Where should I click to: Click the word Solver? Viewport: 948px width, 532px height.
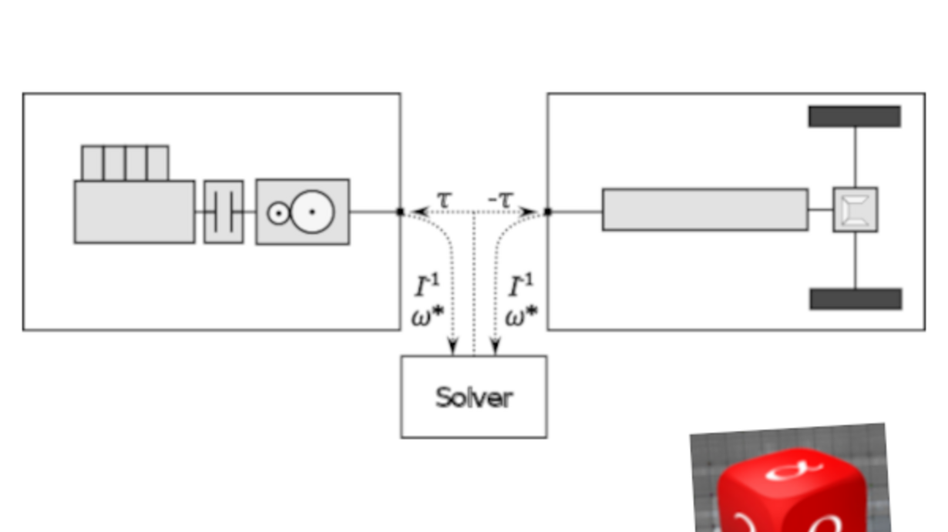(x=474, y=397)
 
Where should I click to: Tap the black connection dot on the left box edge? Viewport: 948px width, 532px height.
(x=400, y=212)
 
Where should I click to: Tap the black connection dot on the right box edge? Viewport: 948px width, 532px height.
(x=548, y=212)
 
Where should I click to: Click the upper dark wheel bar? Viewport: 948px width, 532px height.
(x=855, y=116)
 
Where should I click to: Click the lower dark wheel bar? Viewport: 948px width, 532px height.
(x=856, y=299)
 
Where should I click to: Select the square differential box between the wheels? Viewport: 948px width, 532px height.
(x=856, y=209)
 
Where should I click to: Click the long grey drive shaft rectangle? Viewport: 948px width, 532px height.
(x=705, y=209)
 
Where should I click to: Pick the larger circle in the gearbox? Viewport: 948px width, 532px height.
(x=312, y=212)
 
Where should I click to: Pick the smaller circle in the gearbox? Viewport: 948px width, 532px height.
(x=278, y=213)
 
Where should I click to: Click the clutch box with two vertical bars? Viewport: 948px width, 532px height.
(x=224, y=212)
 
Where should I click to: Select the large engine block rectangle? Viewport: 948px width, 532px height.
(x=135, y=212)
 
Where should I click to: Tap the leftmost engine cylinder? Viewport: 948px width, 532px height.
(x=92, y=163)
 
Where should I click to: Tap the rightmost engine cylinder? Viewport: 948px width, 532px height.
(x=158, y=163)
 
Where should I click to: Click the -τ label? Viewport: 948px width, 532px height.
(x=501, y=199)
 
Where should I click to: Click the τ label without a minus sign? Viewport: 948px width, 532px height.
(x=444, y=199)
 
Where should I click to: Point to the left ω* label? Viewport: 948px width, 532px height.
(x=428, y=316)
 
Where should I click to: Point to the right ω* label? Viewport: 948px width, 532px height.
(x=521, y=316)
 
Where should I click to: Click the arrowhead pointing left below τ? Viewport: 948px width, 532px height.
(x=420, y=212)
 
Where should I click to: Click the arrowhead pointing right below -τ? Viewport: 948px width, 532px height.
(x=528, y=212)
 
